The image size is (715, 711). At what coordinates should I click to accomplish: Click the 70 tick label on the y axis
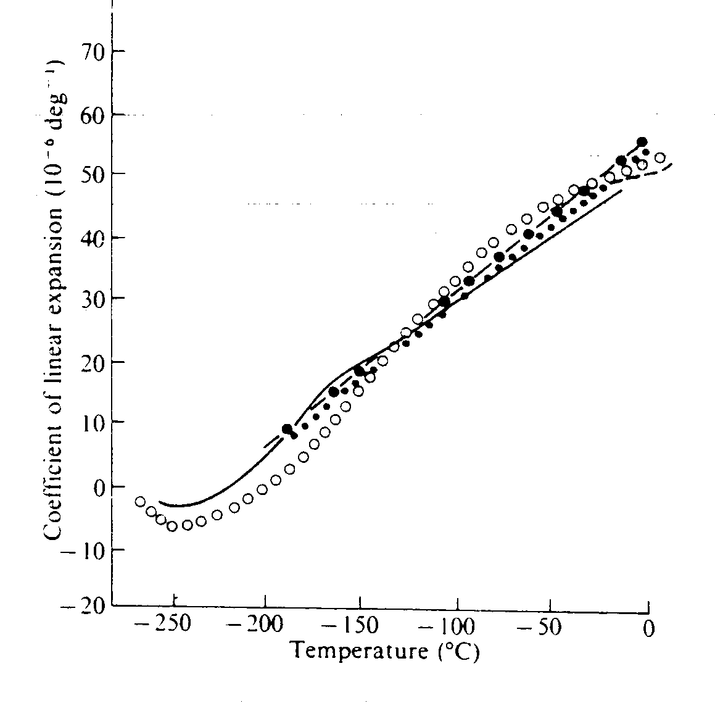coord(93,52)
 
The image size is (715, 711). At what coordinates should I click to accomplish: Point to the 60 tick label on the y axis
coord(93,115)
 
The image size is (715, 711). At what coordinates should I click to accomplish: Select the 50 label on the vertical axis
coord(93,174)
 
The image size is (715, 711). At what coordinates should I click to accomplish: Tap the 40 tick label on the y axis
coord(93,238)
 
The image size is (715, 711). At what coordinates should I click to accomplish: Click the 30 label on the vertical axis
coord(93,299)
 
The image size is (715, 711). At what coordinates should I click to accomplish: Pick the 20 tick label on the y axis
coord(93,362)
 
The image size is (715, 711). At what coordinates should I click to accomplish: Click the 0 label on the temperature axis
coord(648,630)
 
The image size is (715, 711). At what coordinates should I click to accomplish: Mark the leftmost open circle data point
coord(140,501)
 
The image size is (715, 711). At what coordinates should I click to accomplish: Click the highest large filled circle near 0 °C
coord(642,142)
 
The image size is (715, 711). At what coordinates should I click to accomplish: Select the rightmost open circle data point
coord(659,158)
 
